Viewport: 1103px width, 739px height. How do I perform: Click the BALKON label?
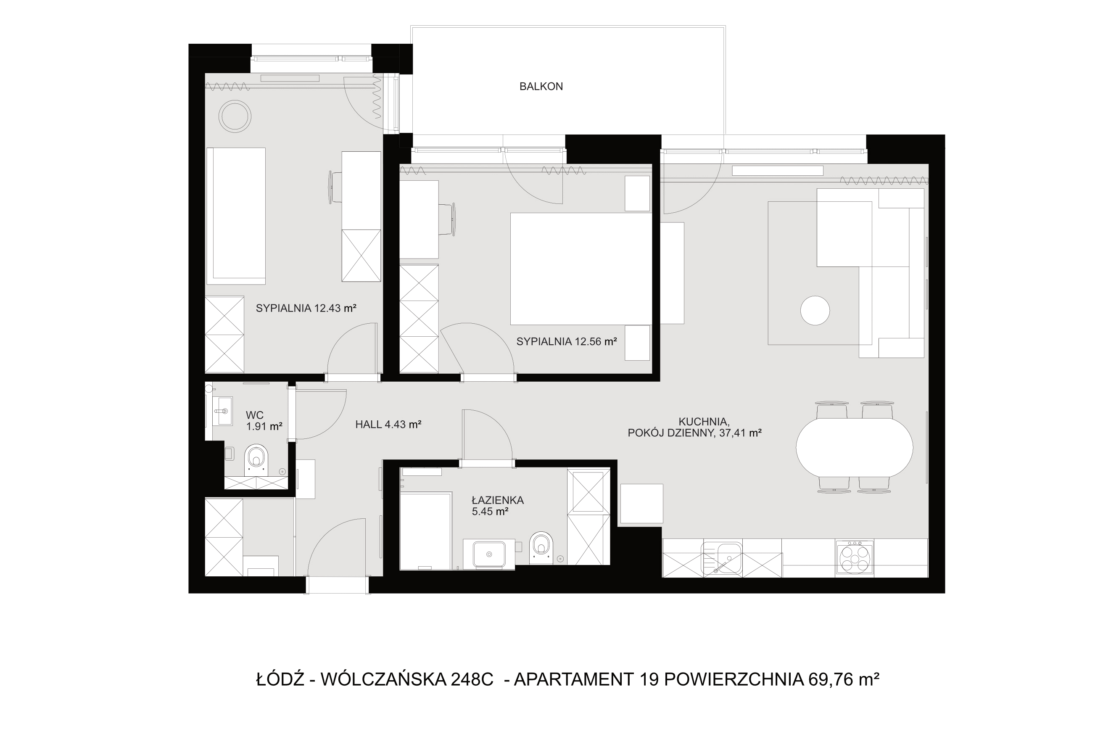[x=541, y=86]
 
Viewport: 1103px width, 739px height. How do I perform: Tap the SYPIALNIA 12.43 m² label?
[x=306, y=308]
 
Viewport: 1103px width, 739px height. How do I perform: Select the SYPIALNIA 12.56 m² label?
[x=566, y=342]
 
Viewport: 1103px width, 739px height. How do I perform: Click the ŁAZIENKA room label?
[x=498, y=506]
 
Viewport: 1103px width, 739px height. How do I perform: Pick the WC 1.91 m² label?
[x=264, y=420]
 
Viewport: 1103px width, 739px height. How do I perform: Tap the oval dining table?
[x=854, y=448]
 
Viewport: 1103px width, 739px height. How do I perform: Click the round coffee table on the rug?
[x=815, y=310]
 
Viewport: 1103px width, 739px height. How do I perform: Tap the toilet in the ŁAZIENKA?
[x=541, y=547]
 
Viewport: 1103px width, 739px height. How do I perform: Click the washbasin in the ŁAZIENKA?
[x=489, y=554]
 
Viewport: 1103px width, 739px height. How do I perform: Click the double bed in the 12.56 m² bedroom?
[x=581, y=269]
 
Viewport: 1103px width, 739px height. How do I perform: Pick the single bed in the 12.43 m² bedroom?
[x=235, y=216]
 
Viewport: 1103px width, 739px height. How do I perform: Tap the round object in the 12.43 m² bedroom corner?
[x=235, y=116]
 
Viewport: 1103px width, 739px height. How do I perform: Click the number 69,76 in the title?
[x=831, y=679]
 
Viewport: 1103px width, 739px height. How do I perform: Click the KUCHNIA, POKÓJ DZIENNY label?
[x=695, y=427]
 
